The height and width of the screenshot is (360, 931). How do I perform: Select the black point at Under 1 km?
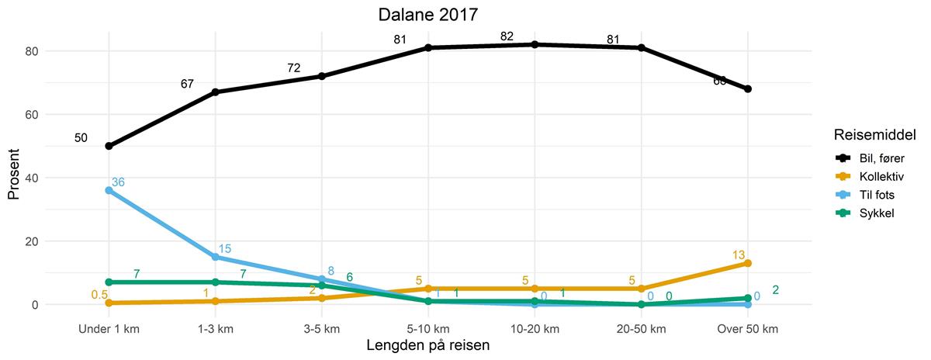click(x=109, y=146)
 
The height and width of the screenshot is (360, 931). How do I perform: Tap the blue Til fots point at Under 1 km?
click(x=109, y=190)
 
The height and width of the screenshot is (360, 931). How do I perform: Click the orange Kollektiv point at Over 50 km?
click(x=748, y=263)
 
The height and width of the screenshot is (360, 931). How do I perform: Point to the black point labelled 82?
click(x=535, y=44)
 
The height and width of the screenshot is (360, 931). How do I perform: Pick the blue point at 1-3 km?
click(x=215, y=257)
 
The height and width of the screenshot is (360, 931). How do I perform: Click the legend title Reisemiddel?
click(x=870, y=135)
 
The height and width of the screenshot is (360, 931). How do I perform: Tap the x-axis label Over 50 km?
click(x=748, y=329)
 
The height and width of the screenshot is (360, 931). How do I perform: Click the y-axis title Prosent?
click(x=14, y=177)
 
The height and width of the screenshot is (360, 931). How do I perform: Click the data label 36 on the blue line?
click(x=118, y=182)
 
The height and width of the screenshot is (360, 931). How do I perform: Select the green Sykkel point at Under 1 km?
click(x=109, y=282)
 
